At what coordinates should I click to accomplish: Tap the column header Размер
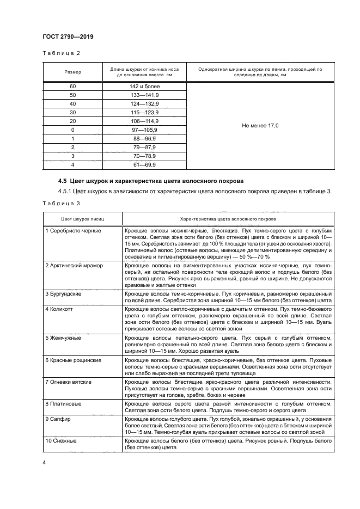72,72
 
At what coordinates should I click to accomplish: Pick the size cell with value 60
72,86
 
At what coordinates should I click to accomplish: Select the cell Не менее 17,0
260,125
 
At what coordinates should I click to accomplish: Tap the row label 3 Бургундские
64,293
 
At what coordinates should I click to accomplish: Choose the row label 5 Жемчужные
63,338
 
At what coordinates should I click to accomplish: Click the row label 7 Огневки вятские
69,382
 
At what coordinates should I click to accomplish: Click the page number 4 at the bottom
45,463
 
